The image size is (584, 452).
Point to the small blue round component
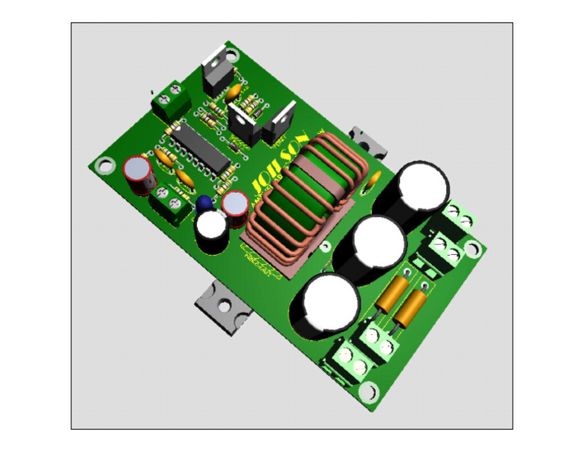(x=204, y=203)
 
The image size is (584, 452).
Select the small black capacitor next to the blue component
(x=211, y=229)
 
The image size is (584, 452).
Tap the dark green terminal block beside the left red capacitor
(x=170, y=202)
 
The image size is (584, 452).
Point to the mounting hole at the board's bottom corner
(x=368, y=391)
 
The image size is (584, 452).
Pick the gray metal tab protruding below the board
(x=221, y=305)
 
